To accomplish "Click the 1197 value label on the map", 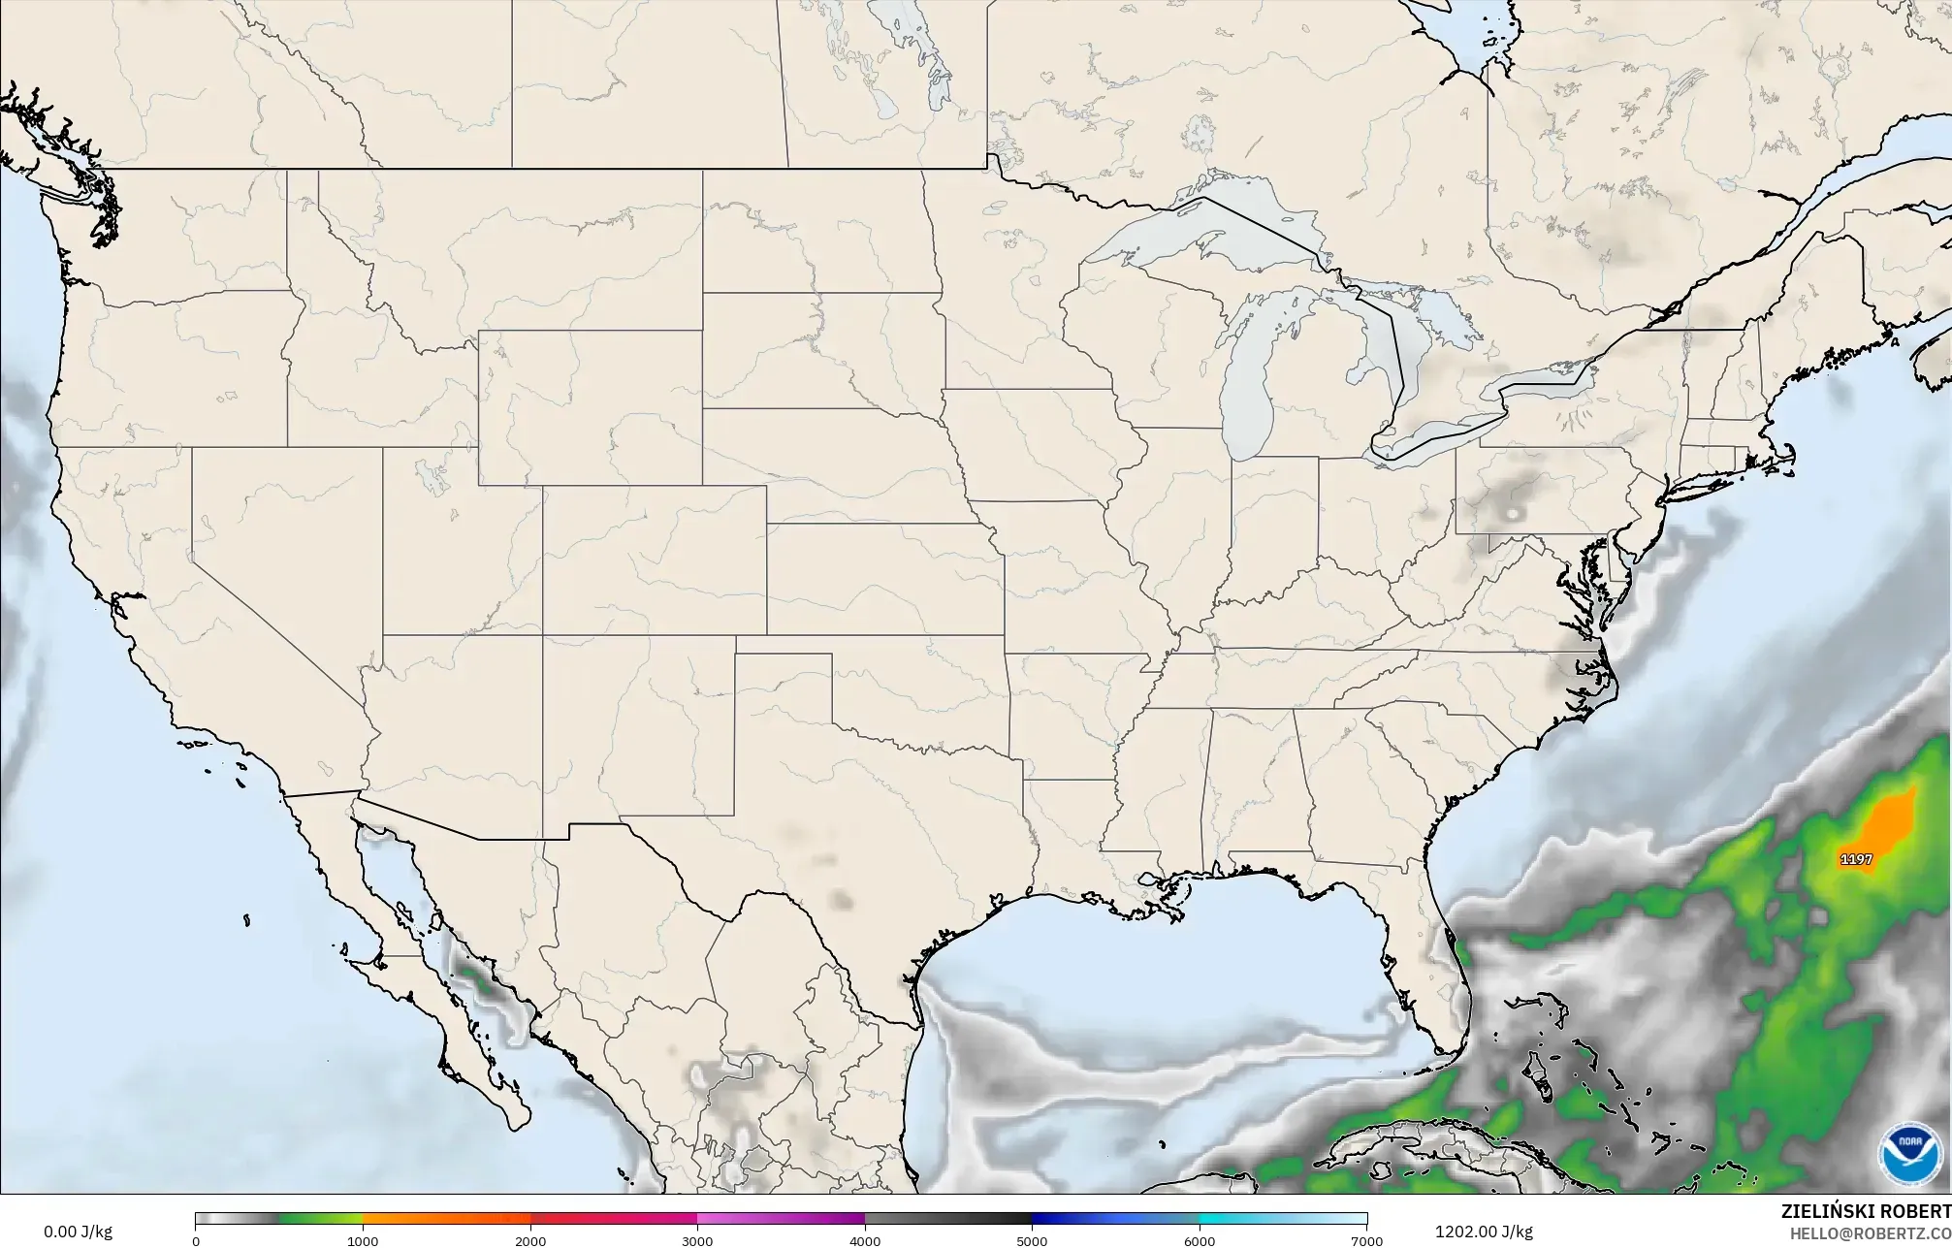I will [x=1856, y=859].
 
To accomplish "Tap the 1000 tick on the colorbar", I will [x=363, y=1240].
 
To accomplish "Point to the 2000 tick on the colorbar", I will [x=530, y=1240].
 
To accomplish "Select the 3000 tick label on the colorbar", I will [x=697, y=1240].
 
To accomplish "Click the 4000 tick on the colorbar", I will [x=865, y=1240].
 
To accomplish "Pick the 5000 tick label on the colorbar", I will [x=1032, y=1240].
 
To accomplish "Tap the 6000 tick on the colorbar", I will [x=1200, y=1240].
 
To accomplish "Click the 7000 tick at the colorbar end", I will [x=1366, y=1240].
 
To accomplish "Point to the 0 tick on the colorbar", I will [x=196, y=1240].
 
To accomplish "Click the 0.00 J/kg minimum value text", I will [x=78, y=1232].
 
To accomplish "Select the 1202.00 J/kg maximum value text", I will [x=1484, y=1232].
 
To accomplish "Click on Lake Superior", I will [x=1202, y=233].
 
